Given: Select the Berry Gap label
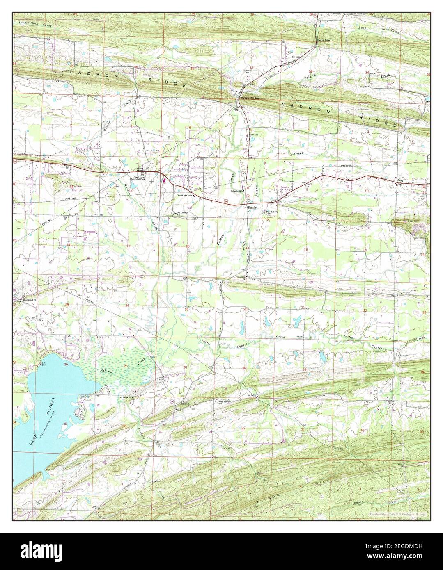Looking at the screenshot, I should [323, 40].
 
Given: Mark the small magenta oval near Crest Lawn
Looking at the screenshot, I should [164, 179].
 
